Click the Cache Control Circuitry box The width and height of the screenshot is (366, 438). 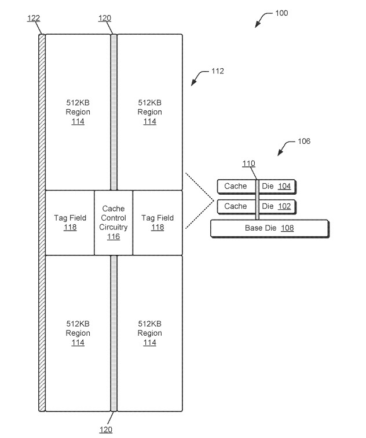click(114, 222)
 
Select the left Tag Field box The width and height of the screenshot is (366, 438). click(69, 222)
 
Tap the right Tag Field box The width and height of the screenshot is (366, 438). click(157, 222)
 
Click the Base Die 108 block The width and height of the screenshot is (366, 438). click(269, 228)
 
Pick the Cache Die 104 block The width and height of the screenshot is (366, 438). click(257, 186)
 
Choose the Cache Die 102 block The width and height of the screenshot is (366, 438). click(257, 206)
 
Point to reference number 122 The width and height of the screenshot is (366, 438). click(34, 18)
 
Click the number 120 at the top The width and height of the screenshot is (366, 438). click(105, 18)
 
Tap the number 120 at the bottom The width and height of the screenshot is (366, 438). click(105, 429)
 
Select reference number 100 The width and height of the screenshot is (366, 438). click(281, 13)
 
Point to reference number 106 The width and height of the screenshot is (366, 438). click(303, 141)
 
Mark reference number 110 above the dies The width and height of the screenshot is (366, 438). click(248, 164)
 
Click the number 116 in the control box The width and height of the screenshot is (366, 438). click(114, 237)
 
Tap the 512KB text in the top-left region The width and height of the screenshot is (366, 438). click(78, 102)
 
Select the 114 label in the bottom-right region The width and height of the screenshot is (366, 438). click(149, 343)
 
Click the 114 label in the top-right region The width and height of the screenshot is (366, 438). click(149, 121)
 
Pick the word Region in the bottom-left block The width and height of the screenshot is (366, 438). click(78, 333)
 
